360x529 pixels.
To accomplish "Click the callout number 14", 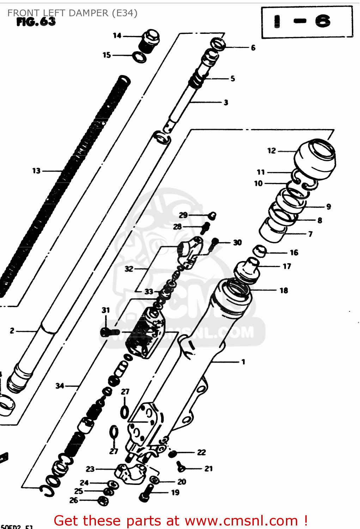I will pos(117,36).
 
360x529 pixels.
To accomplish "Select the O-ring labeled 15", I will pos(139,57).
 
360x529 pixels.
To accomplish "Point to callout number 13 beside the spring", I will pos(36,171).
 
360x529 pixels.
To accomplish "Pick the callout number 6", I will pos(253,48).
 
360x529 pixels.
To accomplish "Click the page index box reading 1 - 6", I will pos(306,22).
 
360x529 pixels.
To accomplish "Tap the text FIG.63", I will pos(36,22).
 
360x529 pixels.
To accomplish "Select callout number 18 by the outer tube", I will pos(284,291).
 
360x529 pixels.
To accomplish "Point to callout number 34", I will pos(60,386).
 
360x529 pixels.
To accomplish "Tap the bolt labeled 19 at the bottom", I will pos(146,493).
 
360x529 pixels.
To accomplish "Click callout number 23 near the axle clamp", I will pos(90,469).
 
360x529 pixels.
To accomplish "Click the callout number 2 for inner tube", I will pos(12,331).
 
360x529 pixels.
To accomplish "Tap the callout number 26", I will pos(74,500).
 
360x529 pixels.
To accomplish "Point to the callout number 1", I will pos(243,362).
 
